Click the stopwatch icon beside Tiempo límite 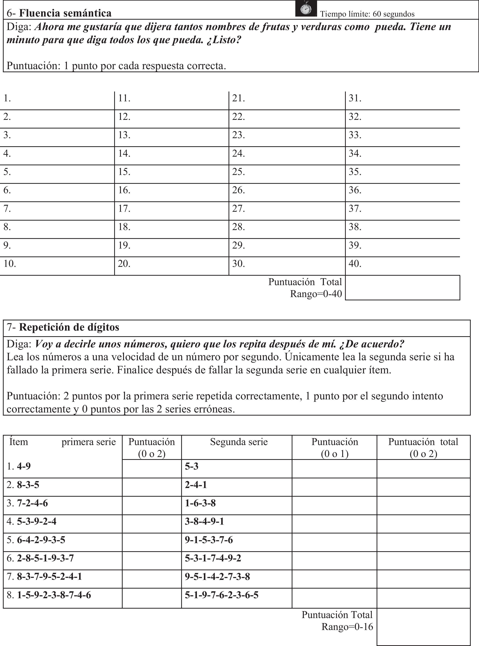click(306, 9)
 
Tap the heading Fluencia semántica click(65, 13)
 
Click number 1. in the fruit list click(7, 98)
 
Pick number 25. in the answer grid click(238, 172)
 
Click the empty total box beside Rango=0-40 click(402, 287)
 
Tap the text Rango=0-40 click(316, 294)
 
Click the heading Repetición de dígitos click(69, 327)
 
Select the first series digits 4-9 click(24, 466)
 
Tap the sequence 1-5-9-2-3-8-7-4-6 click(54, 595)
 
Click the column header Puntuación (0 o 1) click(335, 448)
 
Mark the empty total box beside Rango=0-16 click(423, 627)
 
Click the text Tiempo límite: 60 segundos click(367, 14)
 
